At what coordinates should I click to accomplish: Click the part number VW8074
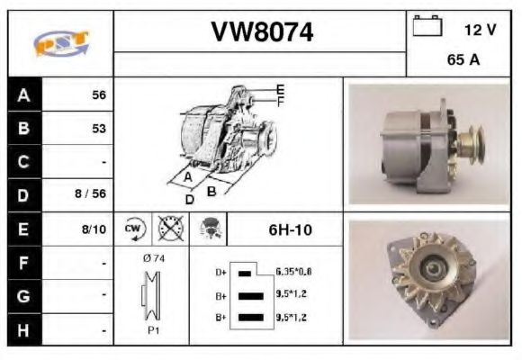pyautogui.click(x=262, y=33)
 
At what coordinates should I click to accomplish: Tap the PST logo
pyautogui.click(x=60, y=42)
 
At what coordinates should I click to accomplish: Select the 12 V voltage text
pyautogui.click(x=480, y=30)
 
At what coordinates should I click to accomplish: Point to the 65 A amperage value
pyautogui.click(x=463, y=62)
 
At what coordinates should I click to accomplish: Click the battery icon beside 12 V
pyautogui.click(x=425, y=27)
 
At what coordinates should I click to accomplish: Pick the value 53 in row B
pyautogui.click(x=99, y=129)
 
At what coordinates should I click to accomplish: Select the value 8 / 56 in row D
pyautogui.click(x=93, y=193)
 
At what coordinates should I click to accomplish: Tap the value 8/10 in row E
pyautogui.click(x=94, y=229)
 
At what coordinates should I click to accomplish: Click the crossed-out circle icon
pyautogui.click(x=169, y=229)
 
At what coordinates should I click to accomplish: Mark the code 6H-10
pyautogui.click(x=290, y=229)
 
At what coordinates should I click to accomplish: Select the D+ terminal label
pyautogui.click(x=221, y=272)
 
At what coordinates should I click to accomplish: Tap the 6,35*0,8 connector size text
pyautogui.click(x=294, y=271)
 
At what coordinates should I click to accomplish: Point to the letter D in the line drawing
pyautogui.click(x=189, y=199)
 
